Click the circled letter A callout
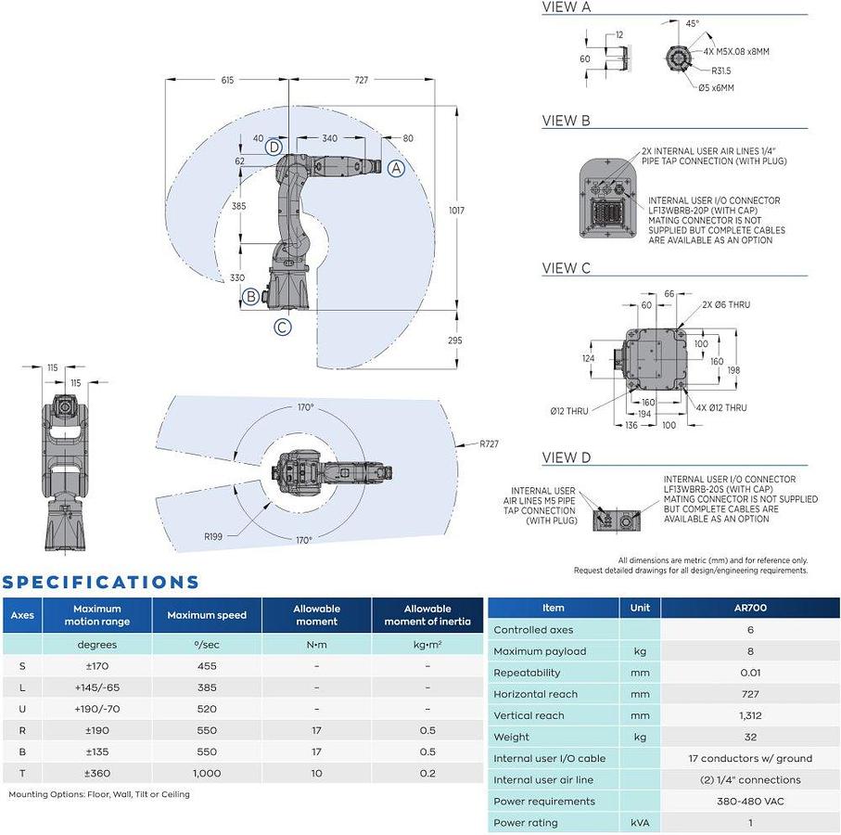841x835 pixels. point(396,168)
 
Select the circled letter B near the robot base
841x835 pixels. point(250,297)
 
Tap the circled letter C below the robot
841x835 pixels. point(283,327)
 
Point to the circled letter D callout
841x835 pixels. point(274,147)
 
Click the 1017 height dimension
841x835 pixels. point(456,211)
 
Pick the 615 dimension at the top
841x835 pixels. point(227,80)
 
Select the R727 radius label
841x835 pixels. point(489,443)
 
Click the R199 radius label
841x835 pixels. point(213,536)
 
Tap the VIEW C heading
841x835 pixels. point(566,268)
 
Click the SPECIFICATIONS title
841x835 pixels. point(100,583)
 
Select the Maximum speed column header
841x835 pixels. point(207,615)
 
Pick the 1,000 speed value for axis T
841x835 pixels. point(207,773)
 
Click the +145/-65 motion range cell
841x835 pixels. point(97,687)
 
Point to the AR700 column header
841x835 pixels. point(750,608)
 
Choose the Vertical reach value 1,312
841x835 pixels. point(750,715)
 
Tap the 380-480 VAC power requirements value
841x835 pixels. point(750,802)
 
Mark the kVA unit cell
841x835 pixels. point(640,823)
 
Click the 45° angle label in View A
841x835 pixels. point(693,23)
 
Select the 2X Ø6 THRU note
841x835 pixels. point(726,305)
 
